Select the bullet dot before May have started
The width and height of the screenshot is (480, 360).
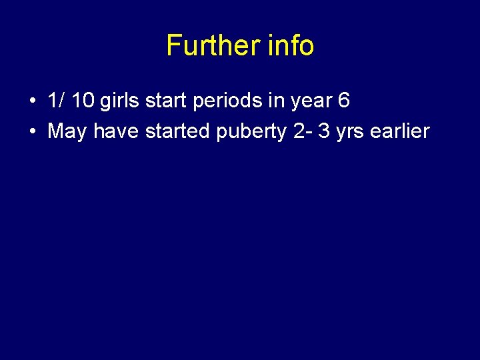[x=33, y=132]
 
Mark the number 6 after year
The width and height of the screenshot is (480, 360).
[x=343, y=101]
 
